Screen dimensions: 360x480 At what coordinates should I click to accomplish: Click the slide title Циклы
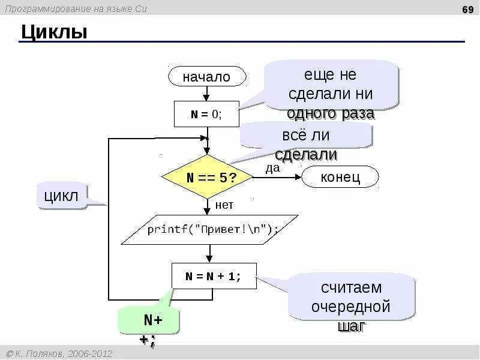(x=54, y=32)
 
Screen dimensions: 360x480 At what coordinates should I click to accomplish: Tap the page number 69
(x=467, y=8)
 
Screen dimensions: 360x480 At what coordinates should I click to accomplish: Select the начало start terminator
(x=206, y=77)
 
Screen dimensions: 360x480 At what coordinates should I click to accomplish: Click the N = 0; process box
(x=206, y=114)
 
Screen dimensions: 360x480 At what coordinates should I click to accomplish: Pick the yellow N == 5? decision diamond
(x=208, y=178)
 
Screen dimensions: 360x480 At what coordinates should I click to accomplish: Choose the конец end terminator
(x=340, y=177)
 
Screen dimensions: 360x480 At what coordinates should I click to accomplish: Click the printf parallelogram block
(x=210, y=229)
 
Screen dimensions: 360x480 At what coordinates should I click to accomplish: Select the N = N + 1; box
(x=214, y=276)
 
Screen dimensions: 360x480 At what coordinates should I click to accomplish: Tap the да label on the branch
(x=273, y=169)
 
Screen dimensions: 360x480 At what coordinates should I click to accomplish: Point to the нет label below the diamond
(x=224, y=205)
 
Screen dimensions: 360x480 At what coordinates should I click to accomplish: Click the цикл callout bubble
(x=62, y=196)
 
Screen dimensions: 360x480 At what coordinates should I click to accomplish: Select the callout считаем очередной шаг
(x=351, y=298)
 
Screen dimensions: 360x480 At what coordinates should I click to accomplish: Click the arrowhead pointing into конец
(x=298, y=177)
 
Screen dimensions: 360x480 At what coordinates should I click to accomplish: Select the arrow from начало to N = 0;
(x=206, y=93)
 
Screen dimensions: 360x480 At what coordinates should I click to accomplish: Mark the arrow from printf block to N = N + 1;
(x=209, y=254)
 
